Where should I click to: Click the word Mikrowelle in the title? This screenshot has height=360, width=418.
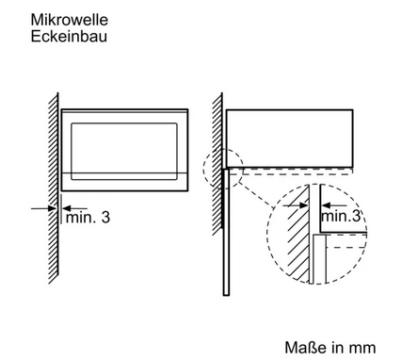[70, 20]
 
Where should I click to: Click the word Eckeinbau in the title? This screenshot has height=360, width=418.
[69, 36]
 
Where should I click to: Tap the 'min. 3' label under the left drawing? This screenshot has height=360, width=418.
[88, 217]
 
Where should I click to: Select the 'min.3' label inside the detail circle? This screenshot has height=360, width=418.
[341, 216]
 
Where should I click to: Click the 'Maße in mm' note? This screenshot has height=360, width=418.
[330, 348]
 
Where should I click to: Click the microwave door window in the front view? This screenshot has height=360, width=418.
[124, 152]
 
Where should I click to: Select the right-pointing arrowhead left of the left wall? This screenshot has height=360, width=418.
[52, 208]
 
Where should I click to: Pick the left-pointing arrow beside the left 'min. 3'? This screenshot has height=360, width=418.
[75, 208]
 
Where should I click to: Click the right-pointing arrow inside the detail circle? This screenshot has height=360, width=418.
[296, 205]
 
